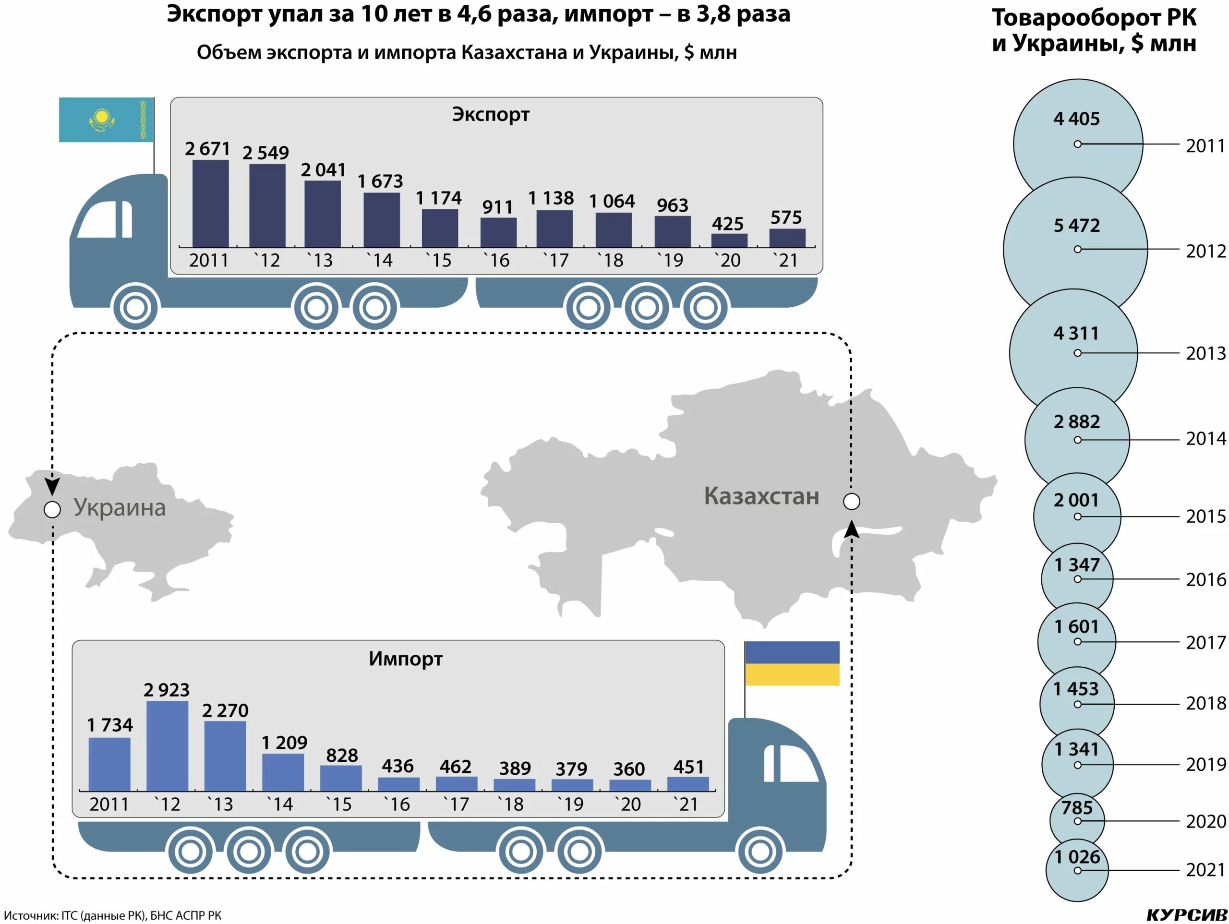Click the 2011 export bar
coord(211,204)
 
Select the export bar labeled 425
coord(729,240)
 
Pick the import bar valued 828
coord(340,778)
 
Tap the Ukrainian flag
coord(792,663)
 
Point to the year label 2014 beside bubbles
coord(1205,439)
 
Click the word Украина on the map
coord(120,508)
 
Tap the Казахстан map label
coord(761,496)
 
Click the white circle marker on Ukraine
coord(52,509)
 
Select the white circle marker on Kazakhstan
coord(851,501)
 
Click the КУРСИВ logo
coord(1186,914)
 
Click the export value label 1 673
coord(380,181)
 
